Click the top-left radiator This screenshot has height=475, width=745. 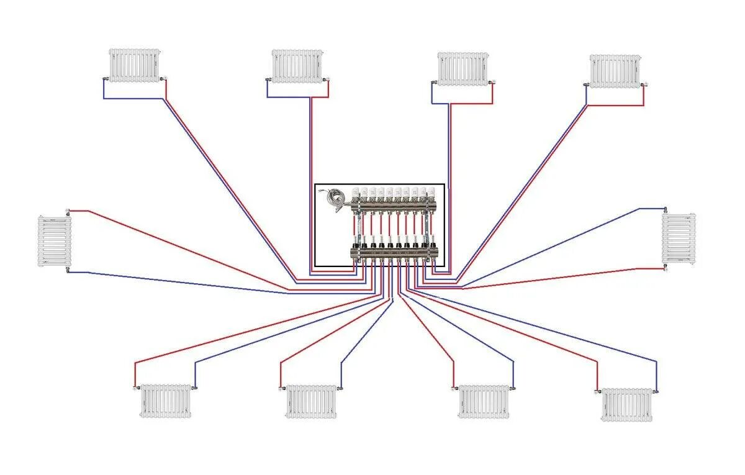tap(135, 65)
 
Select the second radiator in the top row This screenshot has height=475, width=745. tap(298, 66)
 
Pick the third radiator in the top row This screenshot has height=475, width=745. tap(463, 68)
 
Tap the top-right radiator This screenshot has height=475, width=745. tap(615, 71)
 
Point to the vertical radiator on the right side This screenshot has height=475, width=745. tap(679, 238)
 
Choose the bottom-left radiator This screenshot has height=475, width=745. tap(165, 400)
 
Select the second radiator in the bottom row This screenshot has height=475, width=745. tap(311, 401)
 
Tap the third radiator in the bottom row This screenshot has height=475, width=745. tap(484, 401)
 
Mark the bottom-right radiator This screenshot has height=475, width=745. tap(627, 405)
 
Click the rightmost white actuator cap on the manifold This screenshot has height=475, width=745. tap(431, 193)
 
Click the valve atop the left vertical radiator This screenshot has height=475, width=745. tap(68, 210)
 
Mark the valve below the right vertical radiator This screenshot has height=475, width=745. tap(666, 268)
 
